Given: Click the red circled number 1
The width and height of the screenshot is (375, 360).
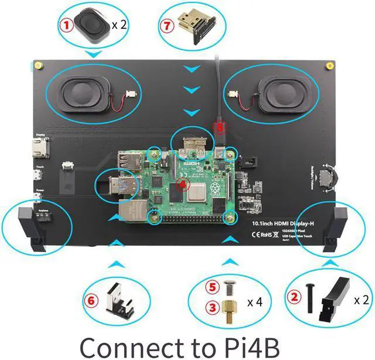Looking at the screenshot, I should coord(67,25).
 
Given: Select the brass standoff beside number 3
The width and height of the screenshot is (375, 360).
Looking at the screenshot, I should coord(228,310).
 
